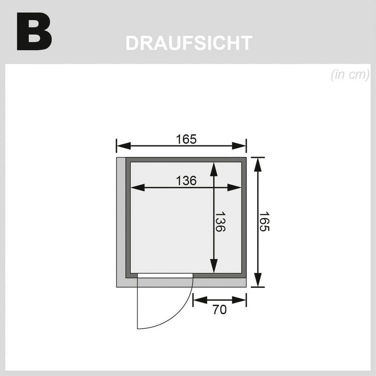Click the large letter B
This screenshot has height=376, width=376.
[34, 31]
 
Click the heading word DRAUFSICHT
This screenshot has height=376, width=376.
[189, 43]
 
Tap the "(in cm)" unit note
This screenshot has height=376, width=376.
[350, 74]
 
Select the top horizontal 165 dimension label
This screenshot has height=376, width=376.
[186, 139]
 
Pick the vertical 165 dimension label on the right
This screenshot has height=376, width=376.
[264, 221]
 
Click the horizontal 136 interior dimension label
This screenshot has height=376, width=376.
[186, 181]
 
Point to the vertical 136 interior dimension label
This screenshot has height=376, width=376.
[220, 221]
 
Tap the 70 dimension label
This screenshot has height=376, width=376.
[219, 310]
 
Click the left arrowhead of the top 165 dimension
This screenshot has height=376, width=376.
[123, 146]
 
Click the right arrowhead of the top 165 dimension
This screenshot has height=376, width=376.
[239, 146]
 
